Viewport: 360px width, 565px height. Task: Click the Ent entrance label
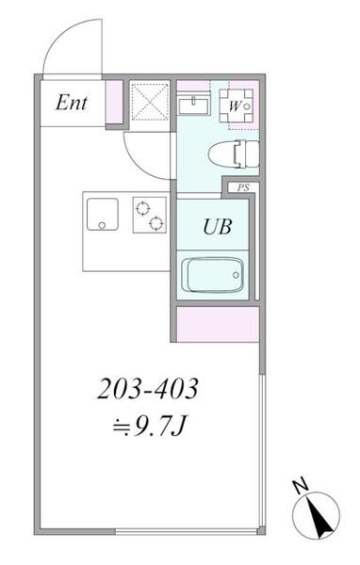71,103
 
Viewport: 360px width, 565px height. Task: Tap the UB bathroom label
217,227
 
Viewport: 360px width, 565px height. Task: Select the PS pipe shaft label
243,188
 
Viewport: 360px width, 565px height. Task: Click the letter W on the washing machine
234,106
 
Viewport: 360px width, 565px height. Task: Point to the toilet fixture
234,154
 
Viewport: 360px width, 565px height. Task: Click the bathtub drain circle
236,275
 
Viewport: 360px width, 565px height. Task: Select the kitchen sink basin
103,214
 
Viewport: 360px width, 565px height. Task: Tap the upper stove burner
143,208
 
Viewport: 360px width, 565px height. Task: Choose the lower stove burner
156,224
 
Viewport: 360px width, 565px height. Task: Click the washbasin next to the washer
194,105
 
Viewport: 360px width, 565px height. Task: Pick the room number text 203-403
148,389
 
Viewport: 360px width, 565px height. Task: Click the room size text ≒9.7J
149,427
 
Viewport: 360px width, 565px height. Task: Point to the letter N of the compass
301,487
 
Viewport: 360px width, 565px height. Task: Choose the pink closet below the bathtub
218,324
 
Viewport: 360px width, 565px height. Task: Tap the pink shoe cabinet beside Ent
114,102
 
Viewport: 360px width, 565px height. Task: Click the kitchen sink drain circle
102,225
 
